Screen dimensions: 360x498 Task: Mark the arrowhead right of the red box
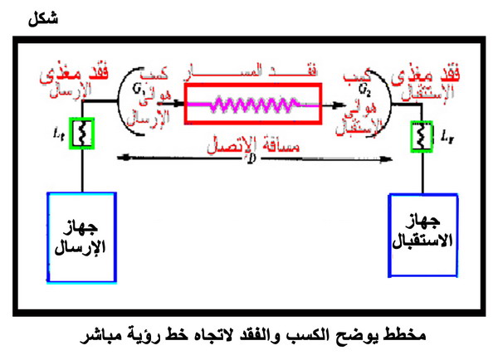[339, 105]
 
